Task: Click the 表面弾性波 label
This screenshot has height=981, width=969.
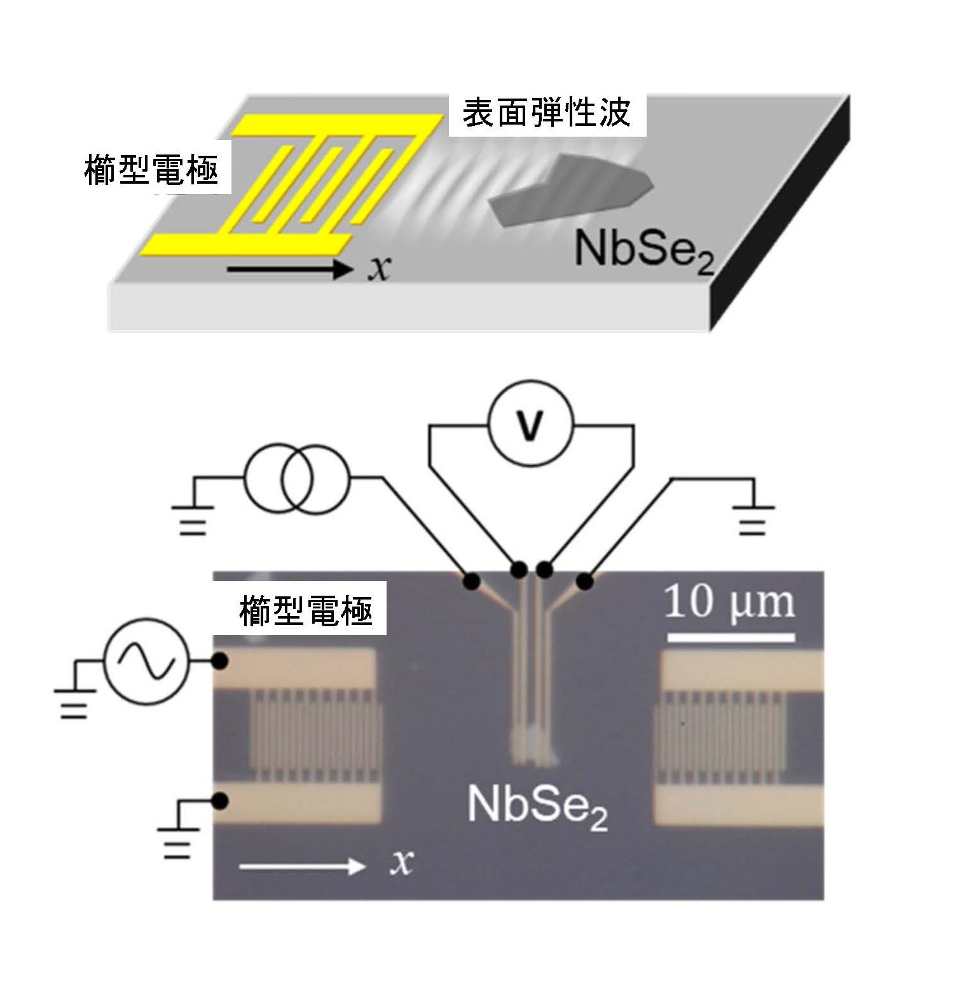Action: point(547,114)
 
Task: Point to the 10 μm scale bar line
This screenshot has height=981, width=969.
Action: point(731,636)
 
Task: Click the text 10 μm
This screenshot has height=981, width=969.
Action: point(729,603)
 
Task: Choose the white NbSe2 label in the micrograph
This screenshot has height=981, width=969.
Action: point(537,806)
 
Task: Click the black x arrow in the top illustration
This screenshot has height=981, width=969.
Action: point(290,270)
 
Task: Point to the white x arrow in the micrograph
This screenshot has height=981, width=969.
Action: point(303,865)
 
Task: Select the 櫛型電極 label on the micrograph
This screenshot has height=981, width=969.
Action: point(306,611)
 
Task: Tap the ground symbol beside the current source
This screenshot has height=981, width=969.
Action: point(192,518)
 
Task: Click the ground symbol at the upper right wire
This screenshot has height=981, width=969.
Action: point(753,518)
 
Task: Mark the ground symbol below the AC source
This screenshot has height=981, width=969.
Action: point(74,703)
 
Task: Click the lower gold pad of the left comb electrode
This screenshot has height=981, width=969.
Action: point(299,803)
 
